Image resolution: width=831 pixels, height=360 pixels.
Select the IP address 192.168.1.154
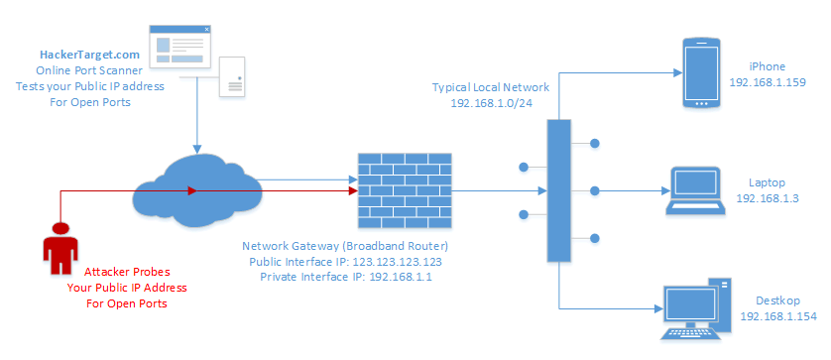point(777,316)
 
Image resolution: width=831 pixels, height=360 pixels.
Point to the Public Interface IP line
point(356,262)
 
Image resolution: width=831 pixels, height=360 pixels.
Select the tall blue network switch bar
point(559,189)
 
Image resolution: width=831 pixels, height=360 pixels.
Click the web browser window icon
point(179,48)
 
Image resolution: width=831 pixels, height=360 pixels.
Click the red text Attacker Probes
point(127,272)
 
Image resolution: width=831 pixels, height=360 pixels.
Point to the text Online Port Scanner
point(89,71)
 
